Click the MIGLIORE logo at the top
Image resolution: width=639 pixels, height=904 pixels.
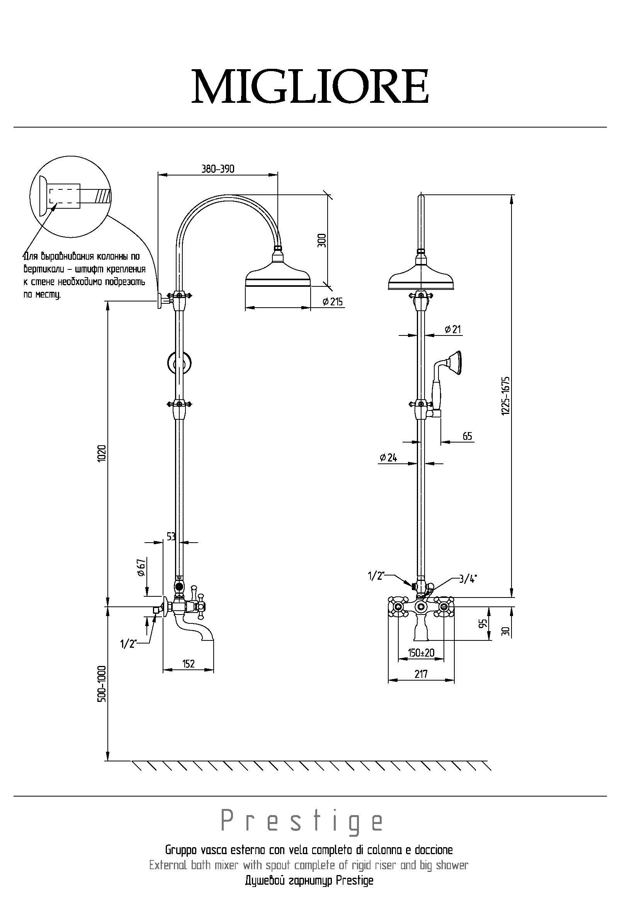[310, 86]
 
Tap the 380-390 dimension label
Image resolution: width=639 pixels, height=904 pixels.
[218, 169]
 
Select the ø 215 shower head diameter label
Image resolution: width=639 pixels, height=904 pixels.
[333, 302]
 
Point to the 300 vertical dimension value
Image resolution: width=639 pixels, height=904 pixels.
[322, 240]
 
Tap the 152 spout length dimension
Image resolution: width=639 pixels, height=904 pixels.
[189, 664]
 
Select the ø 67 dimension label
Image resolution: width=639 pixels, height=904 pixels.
[141, 568]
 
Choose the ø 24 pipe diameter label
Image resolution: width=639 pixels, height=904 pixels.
[388, 457]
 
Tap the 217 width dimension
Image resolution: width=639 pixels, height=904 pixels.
[421, 674]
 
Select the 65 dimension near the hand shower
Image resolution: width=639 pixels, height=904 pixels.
[467, 436]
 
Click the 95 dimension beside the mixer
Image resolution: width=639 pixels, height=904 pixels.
[484, 623]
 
